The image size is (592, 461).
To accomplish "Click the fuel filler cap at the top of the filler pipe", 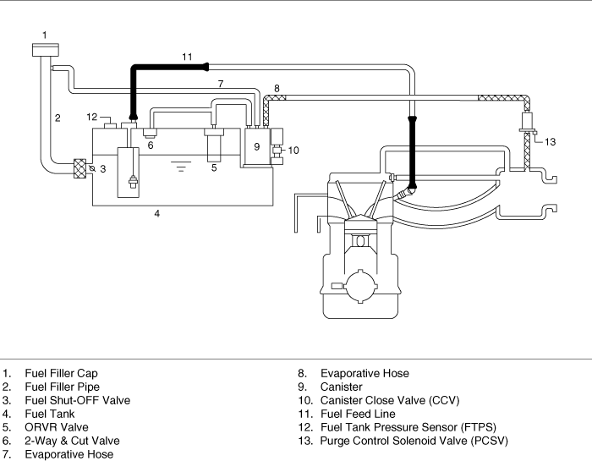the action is point(46,50).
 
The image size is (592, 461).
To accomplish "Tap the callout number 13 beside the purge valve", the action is point(550,142).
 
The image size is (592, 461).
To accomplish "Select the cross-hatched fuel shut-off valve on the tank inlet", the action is point(79,169).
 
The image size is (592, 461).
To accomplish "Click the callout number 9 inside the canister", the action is point(257,146).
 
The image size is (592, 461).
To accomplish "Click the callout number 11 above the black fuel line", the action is point(187,57).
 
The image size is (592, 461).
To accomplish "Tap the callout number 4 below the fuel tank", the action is point(157,214).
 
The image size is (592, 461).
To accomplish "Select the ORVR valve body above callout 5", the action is point(214,145).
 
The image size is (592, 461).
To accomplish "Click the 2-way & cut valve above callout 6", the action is point(150,133).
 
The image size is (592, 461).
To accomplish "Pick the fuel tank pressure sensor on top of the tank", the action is point(110,125).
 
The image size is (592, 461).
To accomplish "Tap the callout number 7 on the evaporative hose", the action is point(221,84).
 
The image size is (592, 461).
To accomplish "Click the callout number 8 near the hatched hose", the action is point(277,88).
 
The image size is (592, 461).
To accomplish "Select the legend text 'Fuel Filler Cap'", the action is point(61,373).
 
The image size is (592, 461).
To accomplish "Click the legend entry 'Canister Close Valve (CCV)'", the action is point(390,400).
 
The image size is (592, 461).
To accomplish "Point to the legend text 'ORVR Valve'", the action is point(57,427).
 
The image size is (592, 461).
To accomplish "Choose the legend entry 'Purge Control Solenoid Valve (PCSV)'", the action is point(414,441).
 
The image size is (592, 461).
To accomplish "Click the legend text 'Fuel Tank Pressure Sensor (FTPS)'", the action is point(408,427).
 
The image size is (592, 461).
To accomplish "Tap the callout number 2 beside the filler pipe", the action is point(58,118).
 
